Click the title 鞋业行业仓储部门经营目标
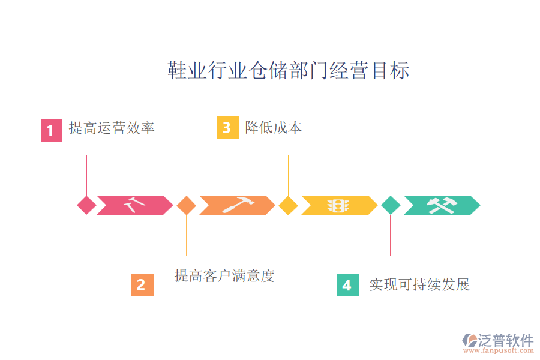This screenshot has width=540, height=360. tap(288, 71)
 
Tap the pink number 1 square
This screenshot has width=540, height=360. tap(51, 130)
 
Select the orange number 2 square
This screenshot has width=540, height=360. tap(142, 284)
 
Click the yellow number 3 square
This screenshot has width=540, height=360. tap(227, 128)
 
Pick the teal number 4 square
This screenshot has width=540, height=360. tap(347, 284)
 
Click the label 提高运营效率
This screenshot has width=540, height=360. tap(112, 128)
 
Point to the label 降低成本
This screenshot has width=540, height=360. tap(274, 127)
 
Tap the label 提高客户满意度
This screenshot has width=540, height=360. tap(224, 276)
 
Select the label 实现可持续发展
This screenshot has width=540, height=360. tap(419, 284)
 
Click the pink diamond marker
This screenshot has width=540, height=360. tap(86, 205)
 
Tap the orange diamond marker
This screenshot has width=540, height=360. tap(187, 205)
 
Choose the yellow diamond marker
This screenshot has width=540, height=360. tap(289, 205)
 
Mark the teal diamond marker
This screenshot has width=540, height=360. tap(391, 205)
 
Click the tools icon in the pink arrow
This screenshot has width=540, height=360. tap(134, 205)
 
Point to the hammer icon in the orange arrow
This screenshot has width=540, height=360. tap(237, 205)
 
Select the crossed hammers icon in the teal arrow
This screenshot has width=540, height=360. tap(442, 205)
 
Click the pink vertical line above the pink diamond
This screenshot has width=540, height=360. tap(86, 174)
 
